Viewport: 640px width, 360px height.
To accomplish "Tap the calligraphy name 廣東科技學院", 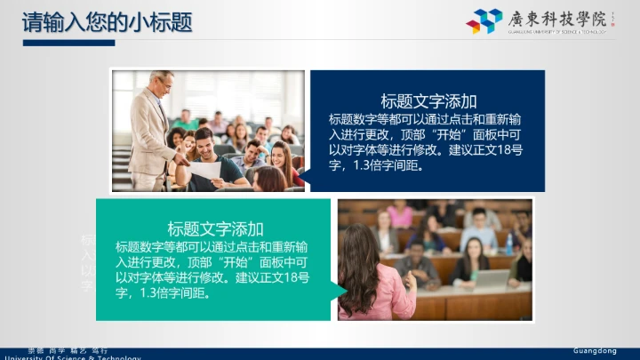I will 553,18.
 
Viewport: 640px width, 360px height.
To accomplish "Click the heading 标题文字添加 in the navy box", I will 428,100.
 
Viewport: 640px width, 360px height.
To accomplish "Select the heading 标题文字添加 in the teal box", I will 215,228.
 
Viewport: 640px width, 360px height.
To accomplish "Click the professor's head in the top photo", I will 162,83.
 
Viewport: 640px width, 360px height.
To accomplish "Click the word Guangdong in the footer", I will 595,351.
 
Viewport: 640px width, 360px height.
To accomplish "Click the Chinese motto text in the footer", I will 68,351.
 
